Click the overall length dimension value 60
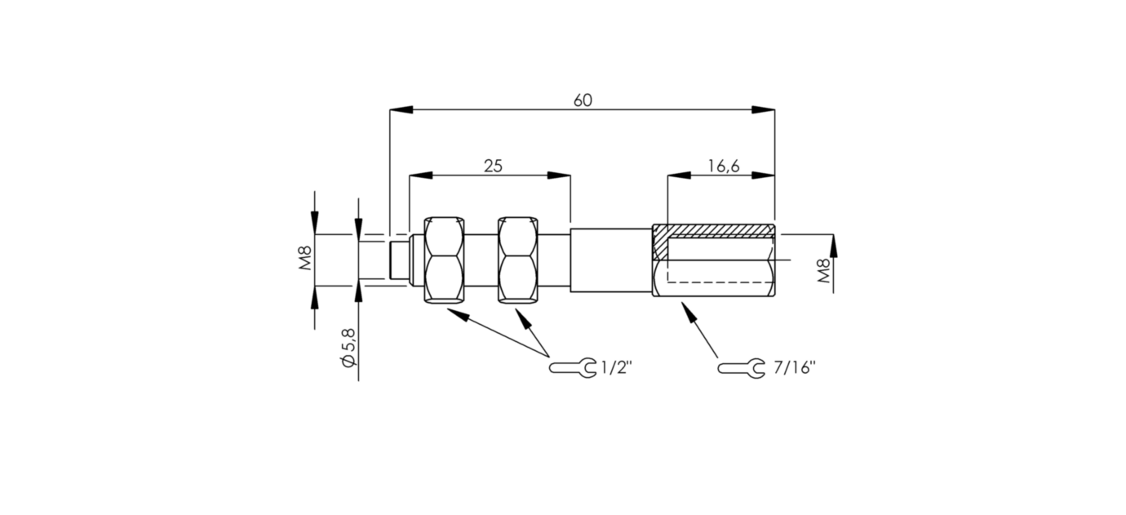coord(583,100)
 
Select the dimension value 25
coord(493,166)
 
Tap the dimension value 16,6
coord(724,166)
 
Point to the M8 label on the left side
coord(306,259)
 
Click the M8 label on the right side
coord(824,271)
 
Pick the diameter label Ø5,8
coord(348,348)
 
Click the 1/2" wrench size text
coord(616,368)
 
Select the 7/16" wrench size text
coord(794,368)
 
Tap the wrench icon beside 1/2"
coord(573,368)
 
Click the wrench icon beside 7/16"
coord(741,368)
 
